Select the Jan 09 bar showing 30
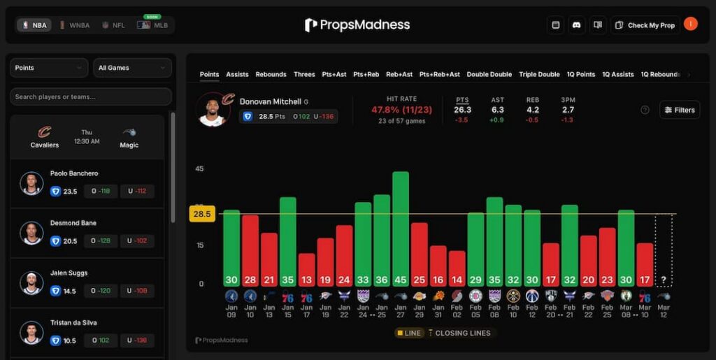click(231, 247)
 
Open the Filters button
click(679, 110)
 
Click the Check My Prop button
click(645, 25)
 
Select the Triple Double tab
click(539, 74)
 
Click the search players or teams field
click(91, 96)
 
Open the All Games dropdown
click(132, 68)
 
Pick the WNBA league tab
click(75, 25)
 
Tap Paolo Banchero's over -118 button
click(101, 192)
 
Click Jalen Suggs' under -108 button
click(137, 291)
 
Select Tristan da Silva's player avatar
click(31, 333)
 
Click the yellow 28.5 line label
click(202, 214)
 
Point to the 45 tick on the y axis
click(199, 168)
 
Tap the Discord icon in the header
click(577, 25)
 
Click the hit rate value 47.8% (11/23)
click(401, 110)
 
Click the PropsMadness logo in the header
click(357, 25)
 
